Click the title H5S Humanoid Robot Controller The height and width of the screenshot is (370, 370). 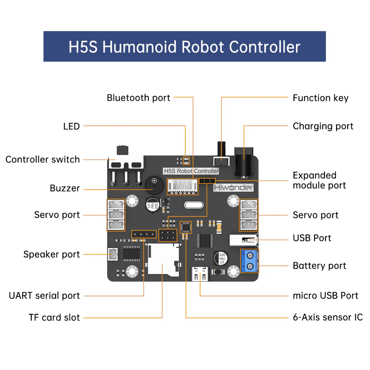184,47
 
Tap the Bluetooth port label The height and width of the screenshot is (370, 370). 138,98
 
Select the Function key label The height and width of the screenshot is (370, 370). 320,98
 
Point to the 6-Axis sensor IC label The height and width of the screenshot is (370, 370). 327,317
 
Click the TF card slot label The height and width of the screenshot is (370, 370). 54,317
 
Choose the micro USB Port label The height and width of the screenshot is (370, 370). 325,295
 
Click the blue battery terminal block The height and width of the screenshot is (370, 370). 250,261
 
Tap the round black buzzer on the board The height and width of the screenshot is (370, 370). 154,185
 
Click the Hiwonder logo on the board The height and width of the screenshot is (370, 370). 233,188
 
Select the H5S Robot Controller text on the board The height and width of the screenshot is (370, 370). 191,171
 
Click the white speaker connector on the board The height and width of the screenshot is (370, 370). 113,254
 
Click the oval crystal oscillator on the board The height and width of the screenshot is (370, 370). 194,205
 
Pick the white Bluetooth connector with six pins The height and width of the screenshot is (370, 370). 183,186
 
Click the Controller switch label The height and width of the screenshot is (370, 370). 43,160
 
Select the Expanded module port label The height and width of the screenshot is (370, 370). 319,180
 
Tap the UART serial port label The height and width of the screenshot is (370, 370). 44,295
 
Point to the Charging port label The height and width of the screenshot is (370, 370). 323,126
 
